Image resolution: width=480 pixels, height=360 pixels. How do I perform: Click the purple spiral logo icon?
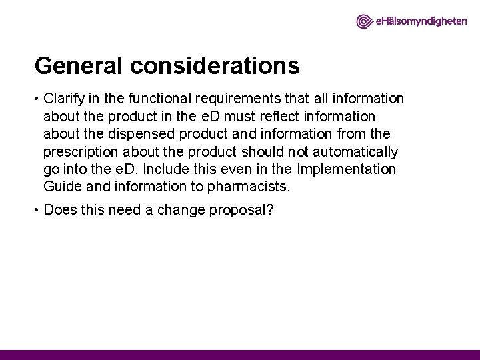(x=365, y=22)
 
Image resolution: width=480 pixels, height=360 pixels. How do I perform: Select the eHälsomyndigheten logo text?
(x=419, y=22)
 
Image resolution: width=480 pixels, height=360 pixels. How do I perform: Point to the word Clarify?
(x=64, y=99)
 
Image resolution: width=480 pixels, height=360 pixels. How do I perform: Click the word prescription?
(x=77, y=151)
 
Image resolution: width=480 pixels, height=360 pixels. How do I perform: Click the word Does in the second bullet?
(x=59, y=209)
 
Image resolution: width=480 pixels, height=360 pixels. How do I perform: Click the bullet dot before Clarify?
(x=37, y=99)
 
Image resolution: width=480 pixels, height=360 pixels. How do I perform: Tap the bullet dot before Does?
(x=37, y=210)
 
